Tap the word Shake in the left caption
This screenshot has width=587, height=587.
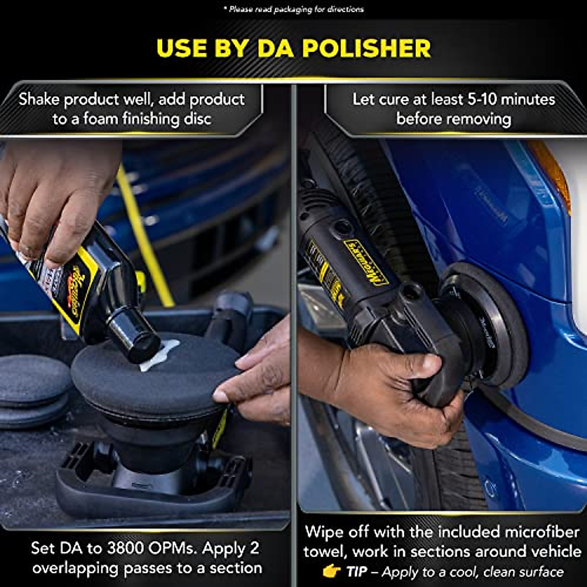click(x=40, y=100)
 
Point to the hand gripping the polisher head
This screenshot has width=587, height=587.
click(x=391, y=386)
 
